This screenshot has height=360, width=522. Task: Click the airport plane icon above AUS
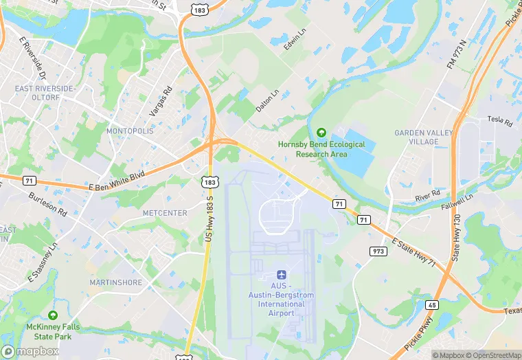pos(282,274)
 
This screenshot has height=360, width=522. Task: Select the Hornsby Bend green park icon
pos(321,132)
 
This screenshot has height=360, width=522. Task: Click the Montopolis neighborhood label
pos(128,131)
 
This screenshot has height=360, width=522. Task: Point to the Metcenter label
pos(164,213)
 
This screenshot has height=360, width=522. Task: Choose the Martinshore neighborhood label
pos(115,282)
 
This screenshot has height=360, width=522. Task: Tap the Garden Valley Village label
pos(416,137)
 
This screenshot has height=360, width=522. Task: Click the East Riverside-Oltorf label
pos(45,93)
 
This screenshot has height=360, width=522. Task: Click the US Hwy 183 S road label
pos(210,217)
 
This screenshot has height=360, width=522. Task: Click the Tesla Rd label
pos(500,121)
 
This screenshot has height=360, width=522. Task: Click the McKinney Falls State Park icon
pos(52,312)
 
